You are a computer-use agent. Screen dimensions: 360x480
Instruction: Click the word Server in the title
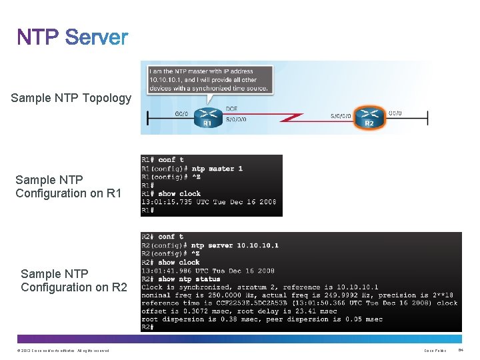coord(97,38)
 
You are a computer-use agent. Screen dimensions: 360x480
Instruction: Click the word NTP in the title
coord(39,38)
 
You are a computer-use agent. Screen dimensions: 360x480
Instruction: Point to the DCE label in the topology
coord(231,108)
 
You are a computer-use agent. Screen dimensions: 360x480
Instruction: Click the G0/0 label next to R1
coord(181,114)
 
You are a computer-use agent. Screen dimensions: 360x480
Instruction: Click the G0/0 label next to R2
coord(395,113)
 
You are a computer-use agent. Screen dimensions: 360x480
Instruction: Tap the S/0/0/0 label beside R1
coord(236,120)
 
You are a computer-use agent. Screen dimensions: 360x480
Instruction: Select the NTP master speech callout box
coord(209,77)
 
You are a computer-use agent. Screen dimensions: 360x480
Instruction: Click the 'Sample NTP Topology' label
coord(71,98)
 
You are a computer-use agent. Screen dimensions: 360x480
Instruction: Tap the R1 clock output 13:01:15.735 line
coord(209,202)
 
